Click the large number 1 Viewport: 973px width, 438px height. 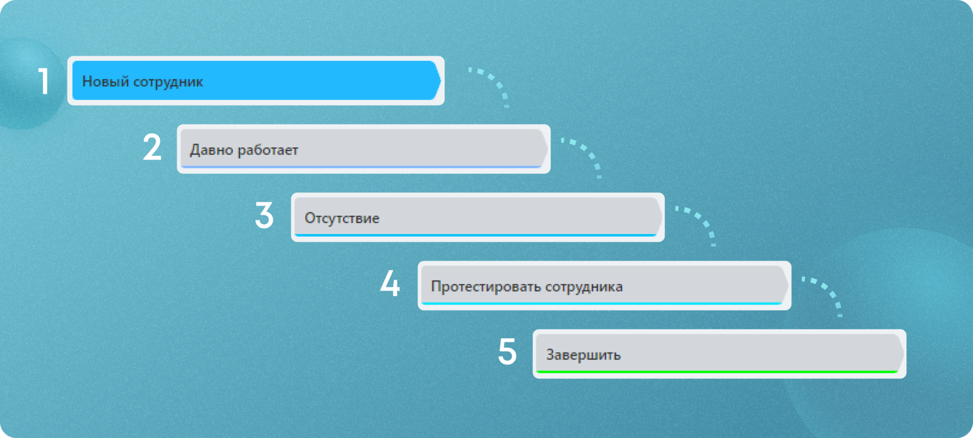pos(43,81)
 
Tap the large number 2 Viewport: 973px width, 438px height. pos(152,148)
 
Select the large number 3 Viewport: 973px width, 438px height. pos(264,216)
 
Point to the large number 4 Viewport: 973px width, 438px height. pos(390,284)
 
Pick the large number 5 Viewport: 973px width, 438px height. pos(507,352)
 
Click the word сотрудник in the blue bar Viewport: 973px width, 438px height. pos(168,82)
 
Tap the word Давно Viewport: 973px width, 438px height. pos(210,150)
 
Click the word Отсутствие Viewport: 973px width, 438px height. pos(342,218)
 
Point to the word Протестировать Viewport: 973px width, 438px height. pos(485,287)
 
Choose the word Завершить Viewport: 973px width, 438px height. pos(583,355)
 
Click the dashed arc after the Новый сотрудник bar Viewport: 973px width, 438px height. pos(493,84)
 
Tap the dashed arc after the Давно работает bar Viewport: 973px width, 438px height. pos(586,154)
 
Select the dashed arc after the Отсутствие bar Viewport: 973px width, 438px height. pos(700,222)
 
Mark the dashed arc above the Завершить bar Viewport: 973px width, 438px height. pos(826,291)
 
